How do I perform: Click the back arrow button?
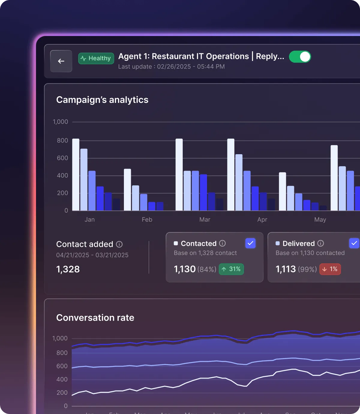61,61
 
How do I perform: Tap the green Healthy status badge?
96,58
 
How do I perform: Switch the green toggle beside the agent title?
300,57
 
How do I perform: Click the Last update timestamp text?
171,67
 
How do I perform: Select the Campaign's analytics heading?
102,100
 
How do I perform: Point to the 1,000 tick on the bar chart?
60,122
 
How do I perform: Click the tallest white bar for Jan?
76,174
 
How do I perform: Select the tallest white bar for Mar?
179,174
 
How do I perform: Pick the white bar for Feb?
127,190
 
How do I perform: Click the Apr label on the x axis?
262,220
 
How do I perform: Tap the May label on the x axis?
320,220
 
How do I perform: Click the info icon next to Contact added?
119,244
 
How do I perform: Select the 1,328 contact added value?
68,269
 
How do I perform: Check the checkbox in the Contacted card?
250,243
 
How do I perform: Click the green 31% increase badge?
231,269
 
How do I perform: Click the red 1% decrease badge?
330,269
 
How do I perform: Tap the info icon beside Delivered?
321,243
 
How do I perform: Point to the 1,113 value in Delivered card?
286,269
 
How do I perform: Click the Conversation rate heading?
95,317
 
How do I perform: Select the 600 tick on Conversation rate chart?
62,366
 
